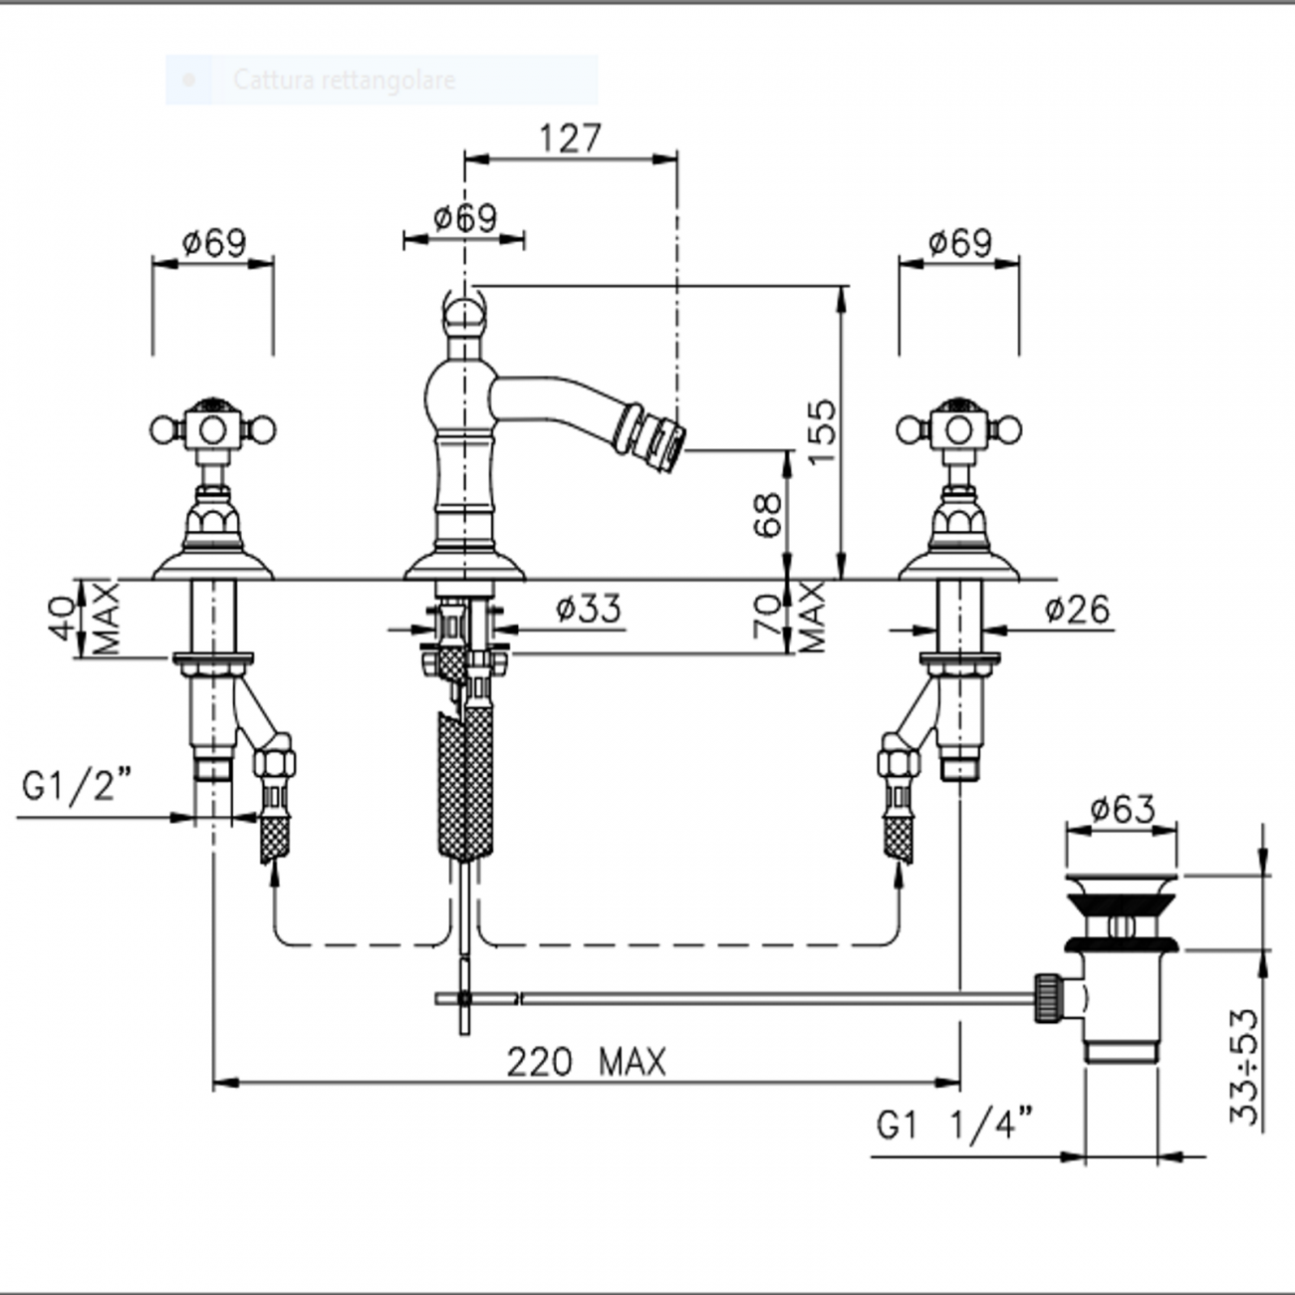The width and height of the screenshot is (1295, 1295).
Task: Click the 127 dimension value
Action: (x=570, y=137)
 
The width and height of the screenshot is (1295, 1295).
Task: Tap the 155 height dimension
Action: (x=822, y=431)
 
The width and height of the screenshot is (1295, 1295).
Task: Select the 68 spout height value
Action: (x=768, y=515)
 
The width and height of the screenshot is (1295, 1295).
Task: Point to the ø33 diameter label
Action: (x=588, y=610)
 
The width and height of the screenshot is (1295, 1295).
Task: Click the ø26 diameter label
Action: (x=1077, y=610)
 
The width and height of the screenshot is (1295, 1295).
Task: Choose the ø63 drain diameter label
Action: (x=1123, y=809)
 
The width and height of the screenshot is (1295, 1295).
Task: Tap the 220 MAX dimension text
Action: (x=586, y=1063)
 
